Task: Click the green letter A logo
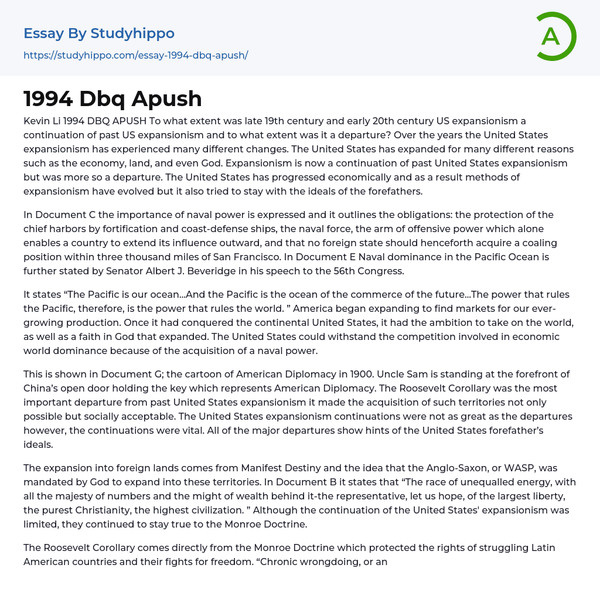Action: coord(555,36)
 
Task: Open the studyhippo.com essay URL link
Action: coord(135,55)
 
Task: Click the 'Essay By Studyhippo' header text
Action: coord(99,33)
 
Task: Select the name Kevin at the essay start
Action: coord(36,121)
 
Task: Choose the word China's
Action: coord(43,388)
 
